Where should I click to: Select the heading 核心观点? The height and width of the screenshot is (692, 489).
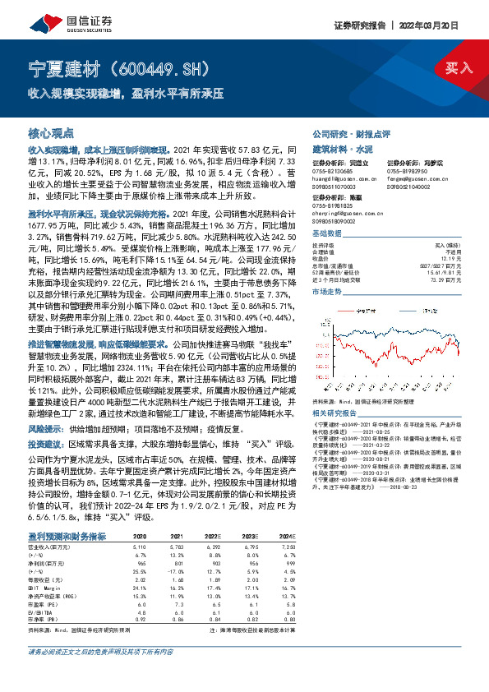(51, 132)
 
